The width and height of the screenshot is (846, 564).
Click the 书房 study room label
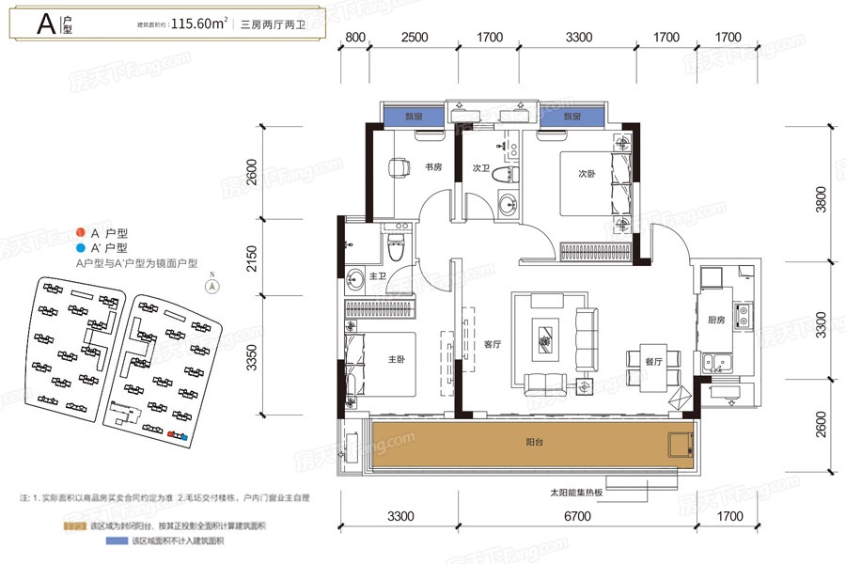433,168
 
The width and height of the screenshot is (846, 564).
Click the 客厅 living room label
491,344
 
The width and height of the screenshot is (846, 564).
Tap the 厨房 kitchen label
716,321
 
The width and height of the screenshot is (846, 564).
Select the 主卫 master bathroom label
378,276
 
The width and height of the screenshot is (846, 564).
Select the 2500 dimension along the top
414,38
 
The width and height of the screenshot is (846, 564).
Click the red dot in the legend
81,231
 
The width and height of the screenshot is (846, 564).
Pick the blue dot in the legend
81,247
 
